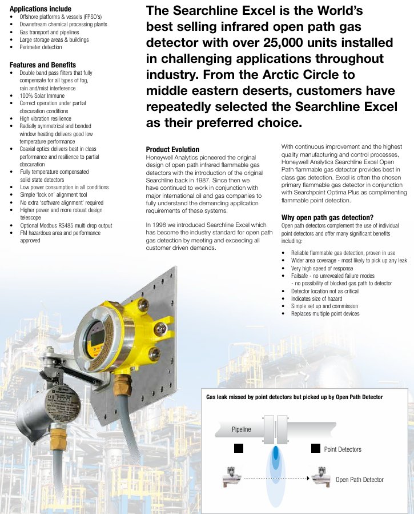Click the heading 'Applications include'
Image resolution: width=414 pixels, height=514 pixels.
[x=41, y=9]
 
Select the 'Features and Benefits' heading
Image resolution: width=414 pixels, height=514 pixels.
[x=43, y=65]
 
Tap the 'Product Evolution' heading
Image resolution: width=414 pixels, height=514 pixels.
[x=172, y=149]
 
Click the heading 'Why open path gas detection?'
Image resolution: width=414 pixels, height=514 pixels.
[x=327, y=217]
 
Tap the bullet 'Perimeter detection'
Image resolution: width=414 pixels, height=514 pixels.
[x=41, y=47]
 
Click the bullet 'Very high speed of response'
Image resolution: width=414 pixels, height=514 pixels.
[x=322, y=268]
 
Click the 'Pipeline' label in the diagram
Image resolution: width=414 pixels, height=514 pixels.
[x=241, y=429]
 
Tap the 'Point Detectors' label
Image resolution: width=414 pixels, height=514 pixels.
[x=343, y=449]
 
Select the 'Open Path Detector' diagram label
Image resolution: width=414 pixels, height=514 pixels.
[x=359, y=480]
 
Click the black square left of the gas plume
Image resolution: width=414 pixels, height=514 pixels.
[x=239, y=448]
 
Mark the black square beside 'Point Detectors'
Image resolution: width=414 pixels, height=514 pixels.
[x=315, y=448]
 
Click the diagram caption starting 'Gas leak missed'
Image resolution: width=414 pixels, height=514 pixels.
[x=294, y=397]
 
